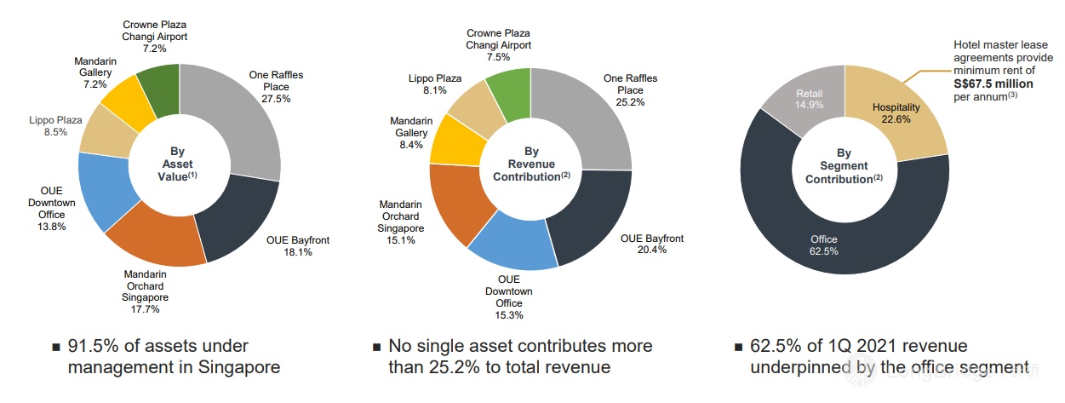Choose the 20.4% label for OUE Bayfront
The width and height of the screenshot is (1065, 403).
[x=651, y=250]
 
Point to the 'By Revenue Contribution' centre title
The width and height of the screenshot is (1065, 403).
[x=531, y=164]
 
